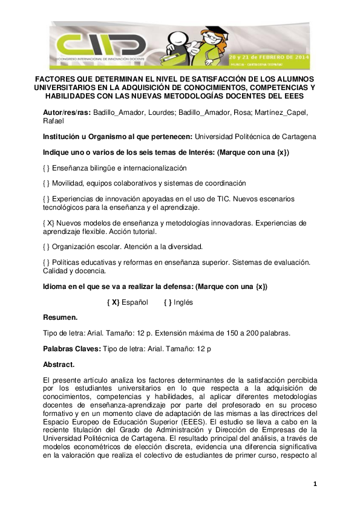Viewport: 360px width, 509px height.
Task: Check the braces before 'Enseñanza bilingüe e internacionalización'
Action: (x=47, y=168)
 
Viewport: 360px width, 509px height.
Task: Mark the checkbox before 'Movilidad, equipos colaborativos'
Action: (x=47, y=183)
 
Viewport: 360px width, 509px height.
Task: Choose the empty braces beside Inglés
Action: (x=168, y=302)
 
